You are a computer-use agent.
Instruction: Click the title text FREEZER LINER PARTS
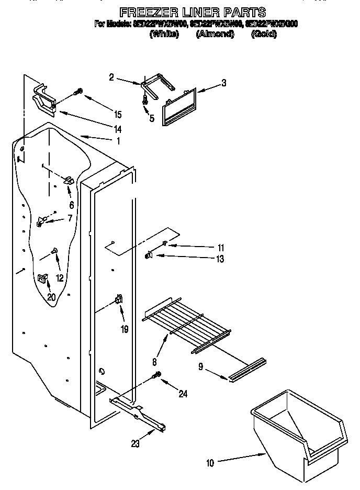pyautogui.click(x=193, y=12)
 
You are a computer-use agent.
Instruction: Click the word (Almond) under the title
pyautogui.click(x=215, y=35)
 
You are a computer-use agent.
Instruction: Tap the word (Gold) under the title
pyautogui.click(x=264, y=35)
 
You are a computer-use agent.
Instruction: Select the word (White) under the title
pyautogui.click(x=164, y=35)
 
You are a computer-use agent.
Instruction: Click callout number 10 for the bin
pyautogui.click(x=210, y=462)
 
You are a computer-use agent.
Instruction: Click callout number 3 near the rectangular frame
pyautogui.click(x=223, y=83)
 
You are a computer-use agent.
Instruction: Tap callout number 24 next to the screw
pyautogui.click(x=183, y=394)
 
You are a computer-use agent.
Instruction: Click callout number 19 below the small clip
pyautogui.click(x=125, y=329)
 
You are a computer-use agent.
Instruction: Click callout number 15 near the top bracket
pyautogui.click(x=117, y=115)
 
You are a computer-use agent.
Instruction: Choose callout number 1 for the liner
pyautogui.click(x=118, y=141)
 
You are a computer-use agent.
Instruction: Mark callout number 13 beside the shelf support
pyautogui.click(x=220, y=259)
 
